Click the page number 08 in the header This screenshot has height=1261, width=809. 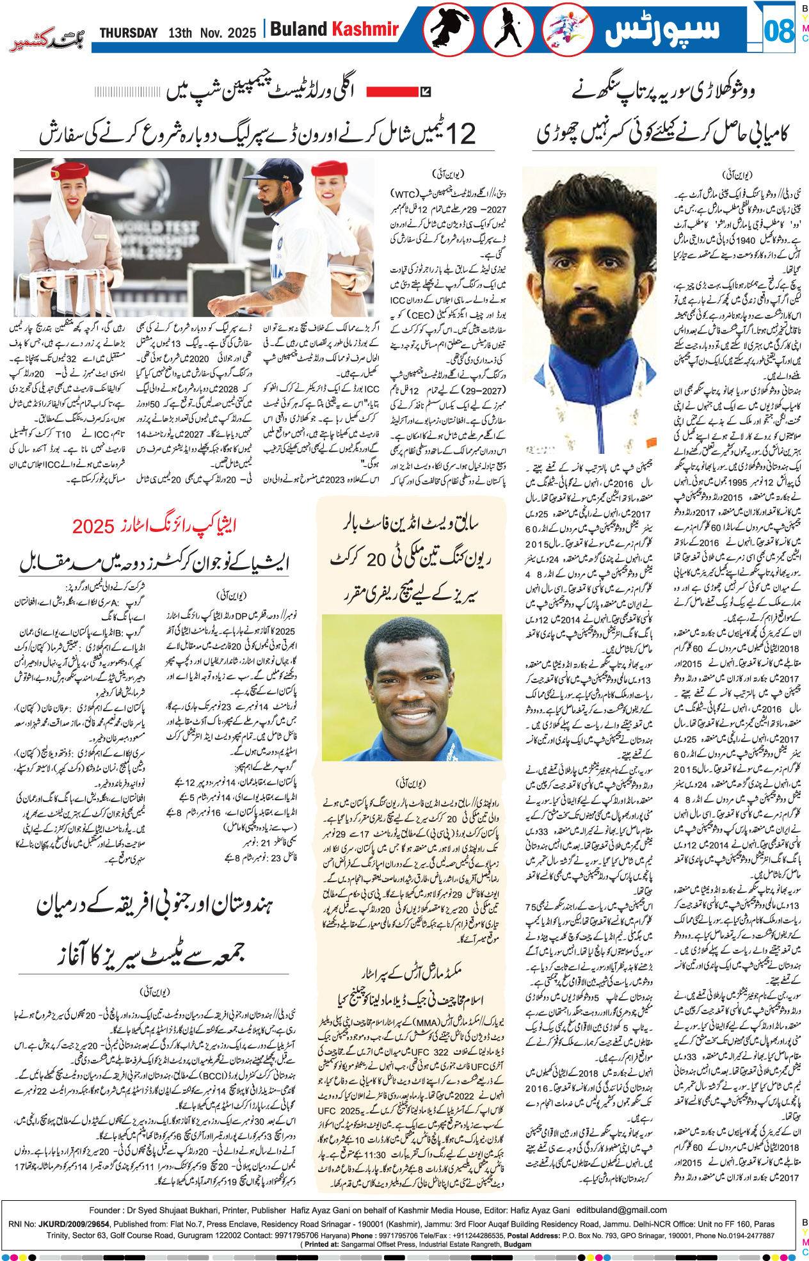point(779,30)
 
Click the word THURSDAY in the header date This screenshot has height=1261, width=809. point(129,33)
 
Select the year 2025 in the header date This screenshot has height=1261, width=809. point(242,33)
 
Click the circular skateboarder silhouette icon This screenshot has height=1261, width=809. point(448,29)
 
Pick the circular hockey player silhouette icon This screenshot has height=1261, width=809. point(508,29)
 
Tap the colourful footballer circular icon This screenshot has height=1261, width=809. point(568,29)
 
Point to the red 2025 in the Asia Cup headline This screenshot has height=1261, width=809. point(93,526)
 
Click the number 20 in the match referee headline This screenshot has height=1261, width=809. point(376,559)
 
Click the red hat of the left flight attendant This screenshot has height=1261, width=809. point(70,172)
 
